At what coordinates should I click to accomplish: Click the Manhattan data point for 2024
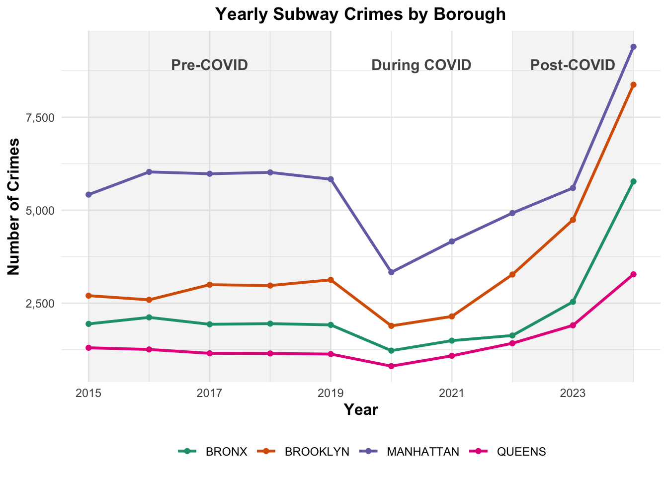[633, 47]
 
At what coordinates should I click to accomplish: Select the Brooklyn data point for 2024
[633, 85]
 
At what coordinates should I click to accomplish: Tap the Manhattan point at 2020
[391, 272]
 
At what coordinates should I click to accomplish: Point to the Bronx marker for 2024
[633, 181]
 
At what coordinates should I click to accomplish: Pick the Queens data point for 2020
[391, 366]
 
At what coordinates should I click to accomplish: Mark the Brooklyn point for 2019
[331, 280]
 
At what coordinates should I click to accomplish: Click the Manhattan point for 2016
[149, 172]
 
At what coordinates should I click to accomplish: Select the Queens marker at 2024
[633, 274]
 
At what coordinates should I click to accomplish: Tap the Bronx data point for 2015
[88, 324]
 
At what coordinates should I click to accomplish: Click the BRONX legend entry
[226, 452]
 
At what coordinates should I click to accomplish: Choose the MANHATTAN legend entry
[422, 452]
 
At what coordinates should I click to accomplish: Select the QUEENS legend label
[521, 452]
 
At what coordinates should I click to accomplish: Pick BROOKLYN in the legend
[317, 452]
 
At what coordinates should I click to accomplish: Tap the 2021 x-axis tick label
[451, 394]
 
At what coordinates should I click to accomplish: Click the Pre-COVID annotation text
[209, 65]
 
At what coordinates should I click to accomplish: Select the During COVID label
[421, 65]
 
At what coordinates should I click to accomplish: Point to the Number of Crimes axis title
[14, 206]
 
